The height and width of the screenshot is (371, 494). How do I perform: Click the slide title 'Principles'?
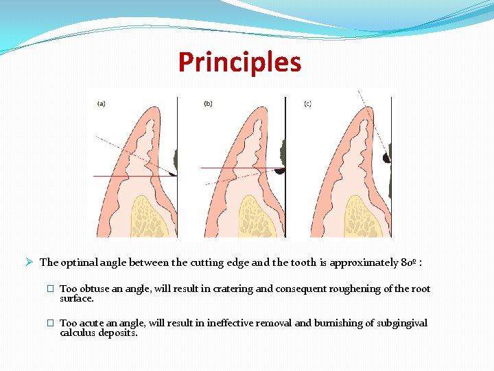pos(239,62)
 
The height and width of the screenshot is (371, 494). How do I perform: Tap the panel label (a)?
pos(102,104)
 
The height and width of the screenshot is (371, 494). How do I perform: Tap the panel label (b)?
pos(208,104)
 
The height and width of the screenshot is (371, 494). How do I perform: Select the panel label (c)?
pos(307,104)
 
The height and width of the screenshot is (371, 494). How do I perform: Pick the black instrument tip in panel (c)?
pos(386,158)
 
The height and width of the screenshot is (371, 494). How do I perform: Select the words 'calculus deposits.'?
pos(99,333)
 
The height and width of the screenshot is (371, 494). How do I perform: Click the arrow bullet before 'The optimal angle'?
pos(29,262)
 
